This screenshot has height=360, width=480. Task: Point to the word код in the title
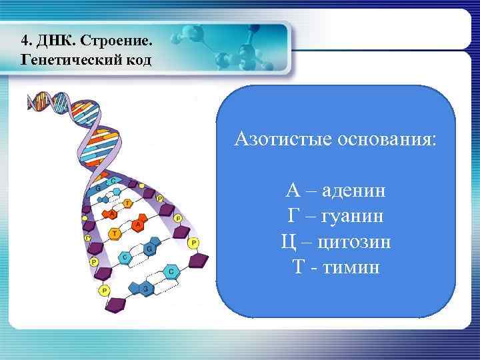[x=137, y=60]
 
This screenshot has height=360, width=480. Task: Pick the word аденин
[x=353, y=191]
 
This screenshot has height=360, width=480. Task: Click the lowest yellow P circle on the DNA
[x=104, y=291]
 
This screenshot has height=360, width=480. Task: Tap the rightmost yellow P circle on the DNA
[x=193, y=243]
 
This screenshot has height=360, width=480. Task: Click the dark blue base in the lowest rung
[x=146, y=288]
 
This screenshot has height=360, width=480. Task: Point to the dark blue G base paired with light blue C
[x=151, y=249]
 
